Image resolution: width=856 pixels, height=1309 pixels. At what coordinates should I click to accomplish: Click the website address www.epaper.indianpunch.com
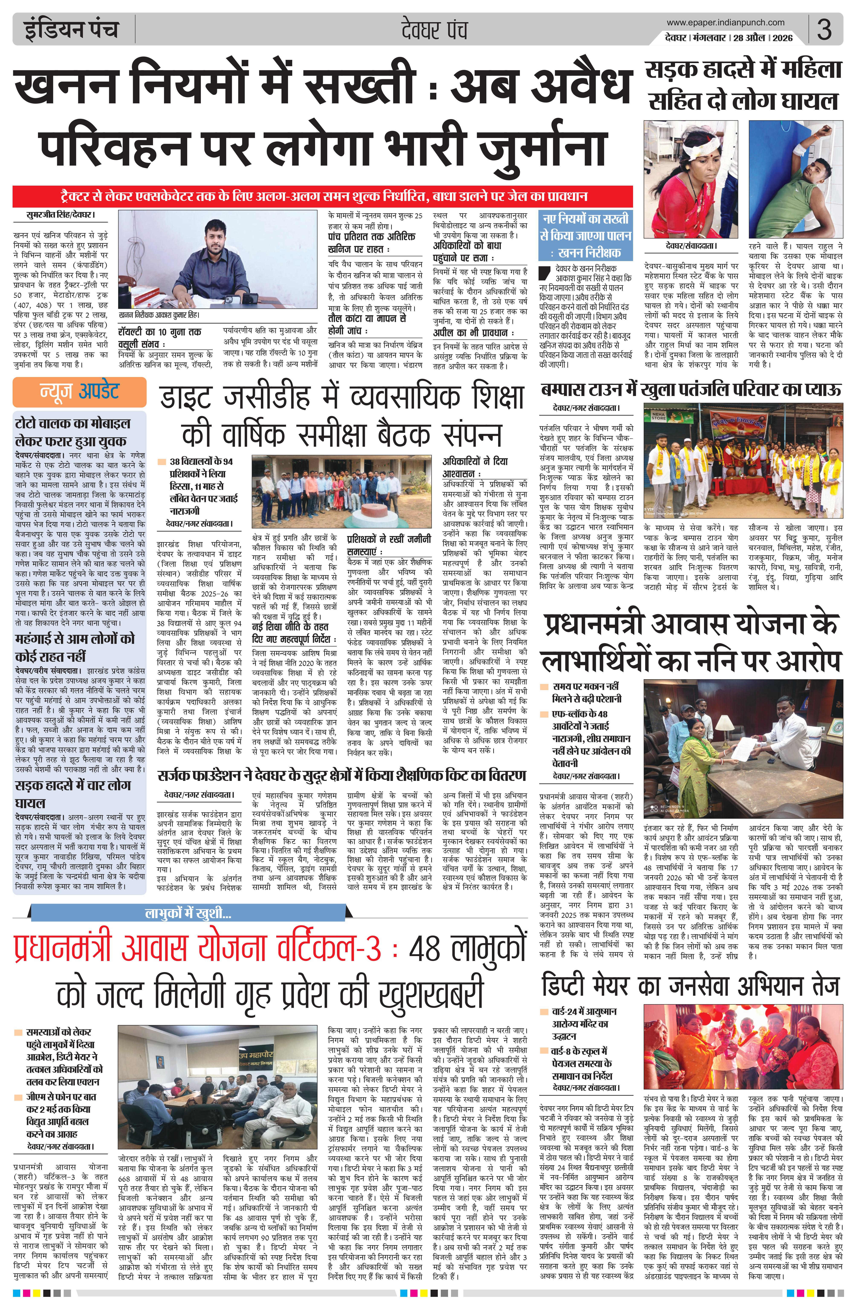[x=725, y=23]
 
